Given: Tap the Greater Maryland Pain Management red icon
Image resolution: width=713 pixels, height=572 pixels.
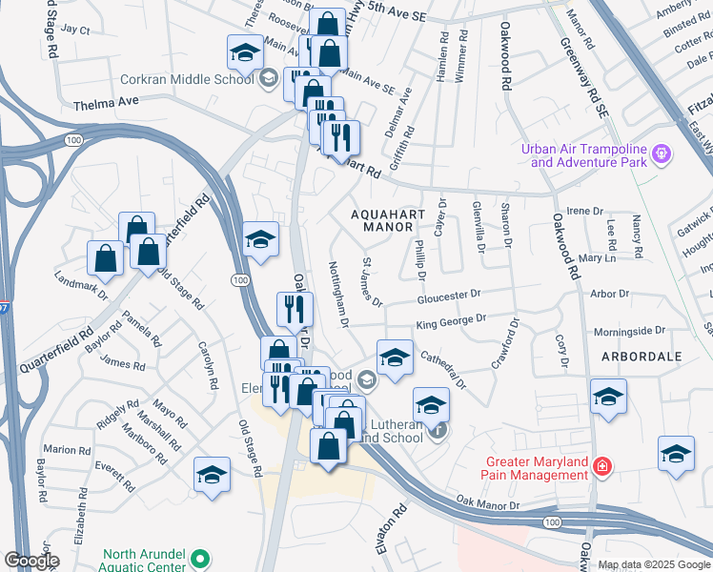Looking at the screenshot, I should point(601,466).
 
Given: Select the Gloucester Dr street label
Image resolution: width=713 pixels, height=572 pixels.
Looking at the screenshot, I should point(448,296).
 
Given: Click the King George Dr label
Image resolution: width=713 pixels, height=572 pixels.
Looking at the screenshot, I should point(451,320).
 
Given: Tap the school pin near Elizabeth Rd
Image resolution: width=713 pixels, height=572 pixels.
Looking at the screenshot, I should point(212,474).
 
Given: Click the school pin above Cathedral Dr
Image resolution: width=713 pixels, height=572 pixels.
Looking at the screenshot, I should point(395,357).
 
